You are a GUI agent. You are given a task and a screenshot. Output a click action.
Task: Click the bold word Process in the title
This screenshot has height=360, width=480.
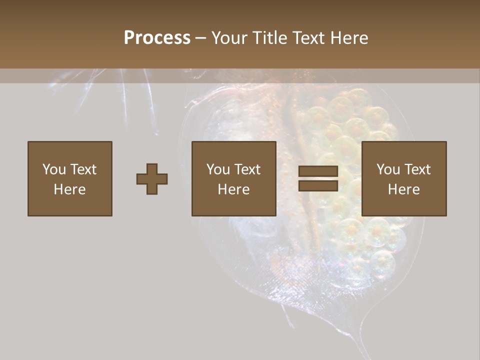(x=157, y=37)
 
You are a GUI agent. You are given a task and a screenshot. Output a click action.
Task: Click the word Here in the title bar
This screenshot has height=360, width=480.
(x=350, y=37)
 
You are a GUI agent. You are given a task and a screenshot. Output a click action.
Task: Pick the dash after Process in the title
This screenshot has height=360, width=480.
(x=201, y=38)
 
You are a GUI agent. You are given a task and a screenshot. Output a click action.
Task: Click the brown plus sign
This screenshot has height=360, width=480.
(x=152, y=179)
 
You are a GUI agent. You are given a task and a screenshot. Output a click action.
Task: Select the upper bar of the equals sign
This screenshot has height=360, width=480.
(x=318, y=171)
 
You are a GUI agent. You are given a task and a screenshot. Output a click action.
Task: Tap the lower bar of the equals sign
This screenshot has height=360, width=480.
(x=318, y=185)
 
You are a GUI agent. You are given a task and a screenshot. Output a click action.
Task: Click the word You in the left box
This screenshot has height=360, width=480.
(x=53, y=169)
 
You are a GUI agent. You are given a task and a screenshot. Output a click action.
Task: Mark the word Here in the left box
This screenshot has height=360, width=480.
(x=69, y=189)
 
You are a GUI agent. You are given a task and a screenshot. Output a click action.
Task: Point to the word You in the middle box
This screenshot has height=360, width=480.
(x=218, y=169)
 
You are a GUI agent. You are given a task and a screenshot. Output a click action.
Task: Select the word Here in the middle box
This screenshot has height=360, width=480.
(x=234, y=189)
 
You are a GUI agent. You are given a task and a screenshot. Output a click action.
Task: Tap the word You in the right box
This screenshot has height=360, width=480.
(x=388, y=169)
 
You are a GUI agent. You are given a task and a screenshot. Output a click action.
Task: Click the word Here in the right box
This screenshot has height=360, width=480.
(x=404, y=189)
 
